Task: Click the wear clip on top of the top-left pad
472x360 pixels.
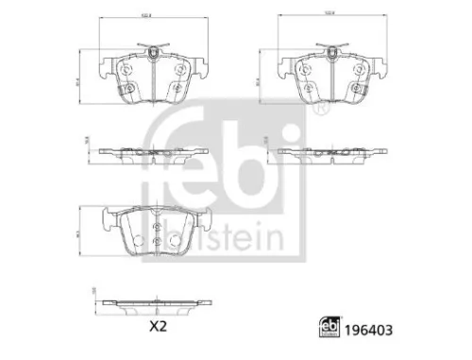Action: [151, 46]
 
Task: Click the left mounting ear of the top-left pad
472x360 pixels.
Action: [105, 68]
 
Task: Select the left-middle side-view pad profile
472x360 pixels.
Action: [151, 150]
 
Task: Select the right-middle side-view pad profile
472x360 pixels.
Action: [330, 150]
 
